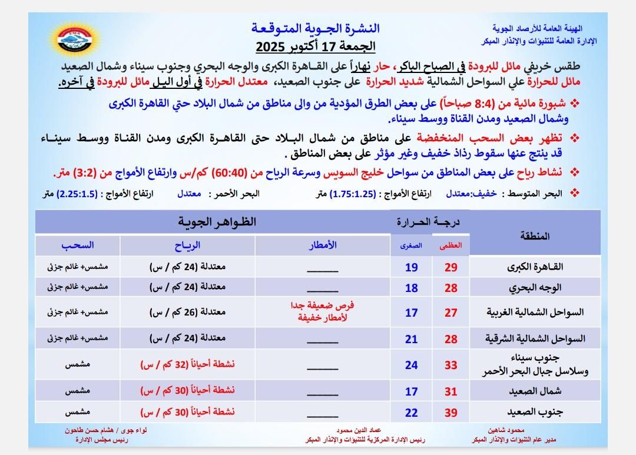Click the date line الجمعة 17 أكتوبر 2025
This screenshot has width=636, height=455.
tap(316, 45)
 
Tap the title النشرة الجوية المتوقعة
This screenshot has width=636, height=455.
tap(316, 28)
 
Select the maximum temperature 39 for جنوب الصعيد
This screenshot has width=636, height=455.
tap(451, 413)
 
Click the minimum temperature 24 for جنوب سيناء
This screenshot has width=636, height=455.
tap(411, 365)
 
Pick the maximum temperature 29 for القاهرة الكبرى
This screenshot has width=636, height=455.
tap(451, 267)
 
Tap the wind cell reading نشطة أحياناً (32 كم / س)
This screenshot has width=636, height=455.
tap(187, 364)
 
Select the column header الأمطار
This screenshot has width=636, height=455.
tap(323, 245)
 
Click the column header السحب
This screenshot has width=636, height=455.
tap(78, 245)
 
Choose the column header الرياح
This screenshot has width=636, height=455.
tap(188, 245)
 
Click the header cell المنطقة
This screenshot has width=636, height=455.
tap(535, 235)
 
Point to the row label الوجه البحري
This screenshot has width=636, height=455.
tap(535, 288)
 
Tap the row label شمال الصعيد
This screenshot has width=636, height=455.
tap(535, 391)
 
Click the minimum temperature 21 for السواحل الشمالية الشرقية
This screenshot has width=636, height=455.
tap(411, 338)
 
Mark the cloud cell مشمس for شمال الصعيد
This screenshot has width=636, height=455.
tap(77, 391)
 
